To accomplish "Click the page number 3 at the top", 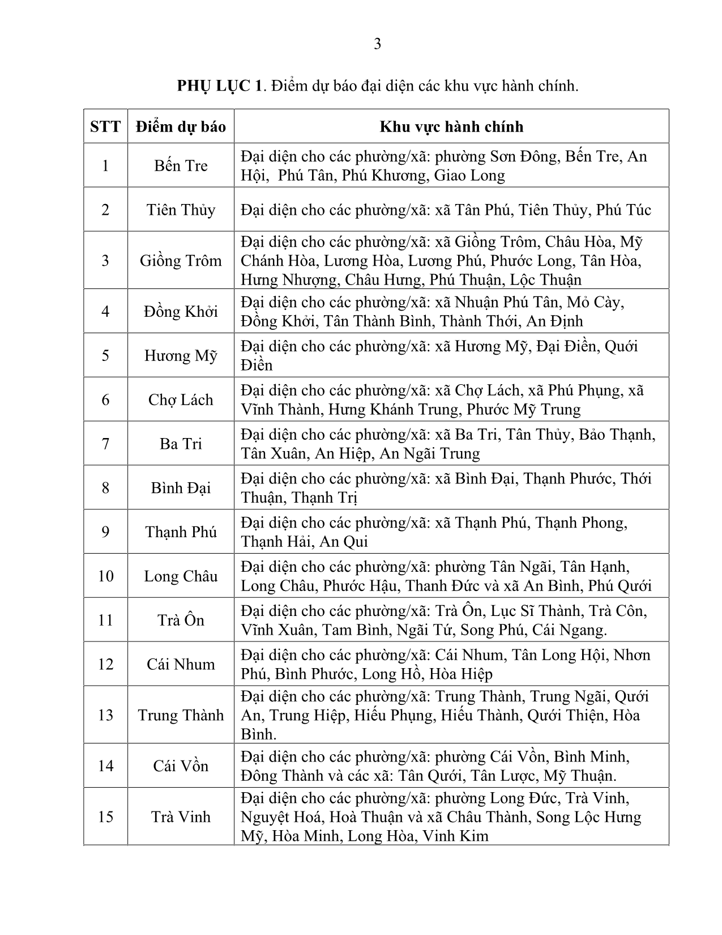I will pos(377,44).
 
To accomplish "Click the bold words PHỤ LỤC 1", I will pos(220,86).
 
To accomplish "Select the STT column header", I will pos(105,126).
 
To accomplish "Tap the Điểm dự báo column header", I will pos(181,126).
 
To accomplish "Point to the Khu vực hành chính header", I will pos(451,126).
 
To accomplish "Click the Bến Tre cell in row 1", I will pos(181,165).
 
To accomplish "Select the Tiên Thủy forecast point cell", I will pos(181,210).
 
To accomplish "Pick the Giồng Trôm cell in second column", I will pos(181,261).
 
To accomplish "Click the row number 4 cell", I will pos(105,311).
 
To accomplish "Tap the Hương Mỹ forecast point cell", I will pos(181,355).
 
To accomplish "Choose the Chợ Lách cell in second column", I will pos(181,399).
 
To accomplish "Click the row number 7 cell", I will pos(105,444).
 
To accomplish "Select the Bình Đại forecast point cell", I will pos(181,488).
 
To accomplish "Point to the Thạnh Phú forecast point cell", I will pos(181,532).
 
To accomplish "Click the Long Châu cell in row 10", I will pos(181,576).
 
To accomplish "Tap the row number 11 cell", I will pos(105,620).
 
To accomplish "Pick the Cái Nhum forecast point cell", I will pos(181,664).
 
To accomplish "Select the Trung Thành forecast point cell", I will pos(181,715).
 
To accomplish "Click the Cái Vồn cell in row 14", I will pos(181,766).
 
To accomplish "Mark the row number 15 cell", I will pos(105,817).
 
